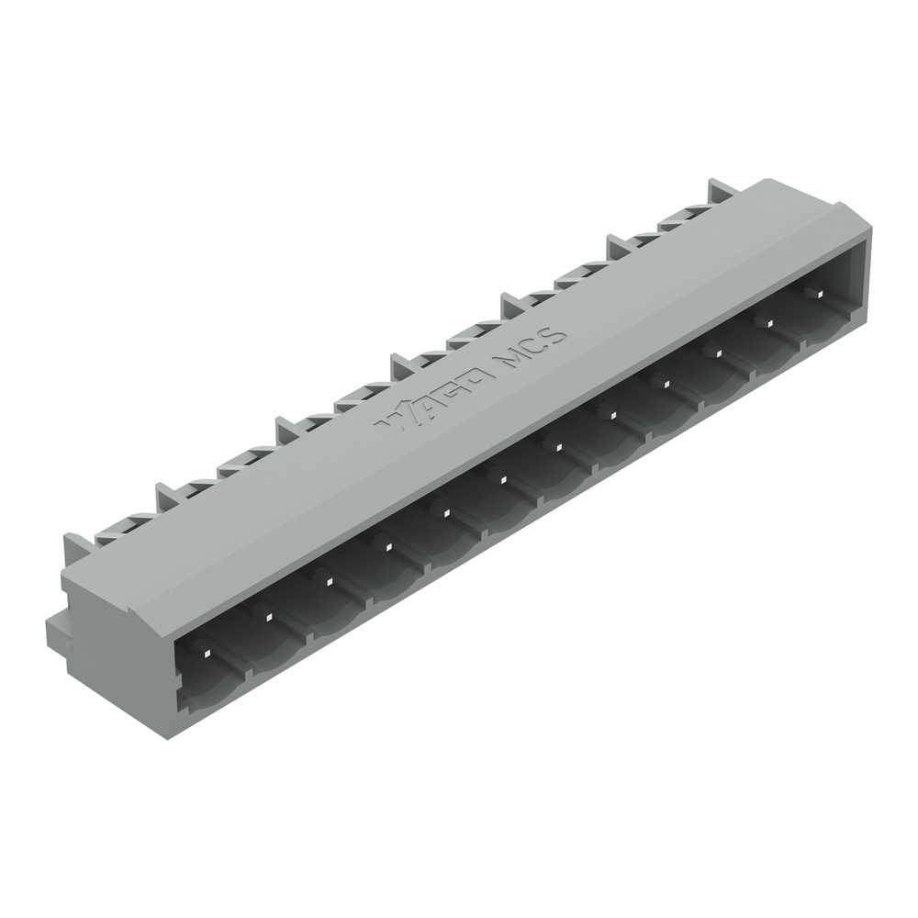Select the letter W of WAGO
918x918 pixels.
(392, 420)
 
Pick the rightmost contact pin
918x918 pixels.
(812, 291)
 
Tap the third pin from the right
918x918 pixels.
(712, 353)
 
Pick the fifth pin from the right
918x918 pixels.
(610, 413)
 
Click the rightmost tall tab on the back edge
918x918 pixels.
(720, 194)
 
